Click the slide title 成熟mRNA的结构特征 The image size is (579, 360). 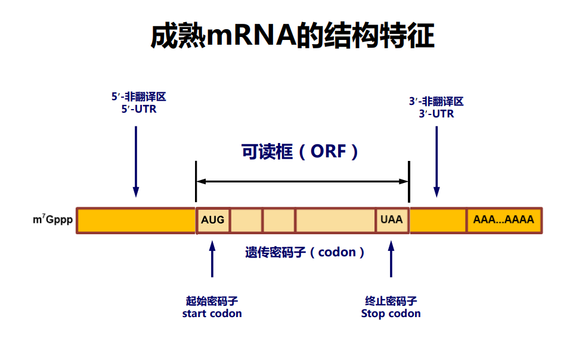click(x=292, y=37)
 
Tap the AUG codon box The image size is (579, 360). click(x=213, y=220)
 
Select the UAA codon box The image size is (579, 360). click(x=392, y=220)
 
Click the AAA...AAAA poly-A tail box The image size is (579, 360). click(x=504, y=220)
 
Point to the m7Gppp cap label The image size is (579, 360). click(x=53, y=220)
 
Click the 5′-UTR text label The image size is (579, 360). click(x=138, y=109)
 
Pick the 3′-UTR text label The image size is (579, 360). click(x=436, y=113)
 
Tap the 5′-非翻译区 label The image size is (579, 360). click(x=138, y=97)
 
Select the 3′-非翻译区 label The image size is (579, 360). click(x=436, y=101)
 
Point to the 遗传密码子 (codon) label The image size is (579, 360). click(x=305, y=252)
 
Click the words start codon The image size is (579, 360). click(x=212, y=314)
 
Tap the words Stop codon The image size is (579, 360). click(x=391, y=314)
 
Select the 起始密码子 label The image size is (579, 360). click(x=212, y=301)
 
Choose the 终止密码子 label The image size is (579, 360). click(x=391, y=301)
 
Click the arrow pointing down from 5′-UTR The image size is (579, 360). click(x=136, y=161)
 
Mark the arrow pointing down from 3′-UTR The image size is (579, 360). click(x=436, y=161)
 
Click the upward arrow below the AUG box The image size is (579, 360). click(x=212, y=259)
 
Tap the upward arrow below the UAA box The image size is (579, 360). click(x=391, y=259)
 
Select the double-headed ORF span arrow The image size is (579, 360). click(x=302, y=181)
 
